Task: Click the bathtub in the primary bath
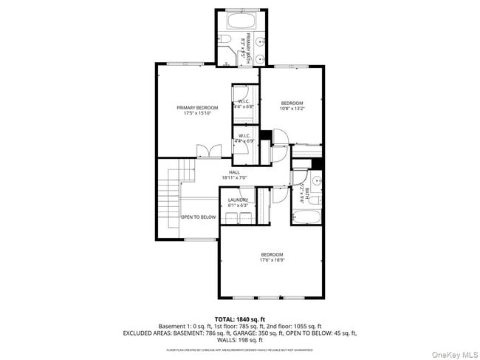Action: coord(241,19)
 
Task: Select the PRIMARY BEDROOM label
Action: coord(197,108)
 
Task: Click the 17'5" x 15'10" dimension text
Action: coord(197,115)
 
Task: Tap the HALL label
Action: coord(234,172)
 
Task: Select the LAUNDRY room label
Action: coord(238,200)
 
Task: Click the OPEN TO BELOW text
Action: coord(199,217)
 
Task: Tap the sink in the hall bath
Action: coord(316,180)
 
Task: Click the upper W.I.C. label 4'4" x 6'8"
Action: coord(243,104)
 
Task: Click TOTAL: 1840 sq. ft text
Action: coord(239,319)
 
